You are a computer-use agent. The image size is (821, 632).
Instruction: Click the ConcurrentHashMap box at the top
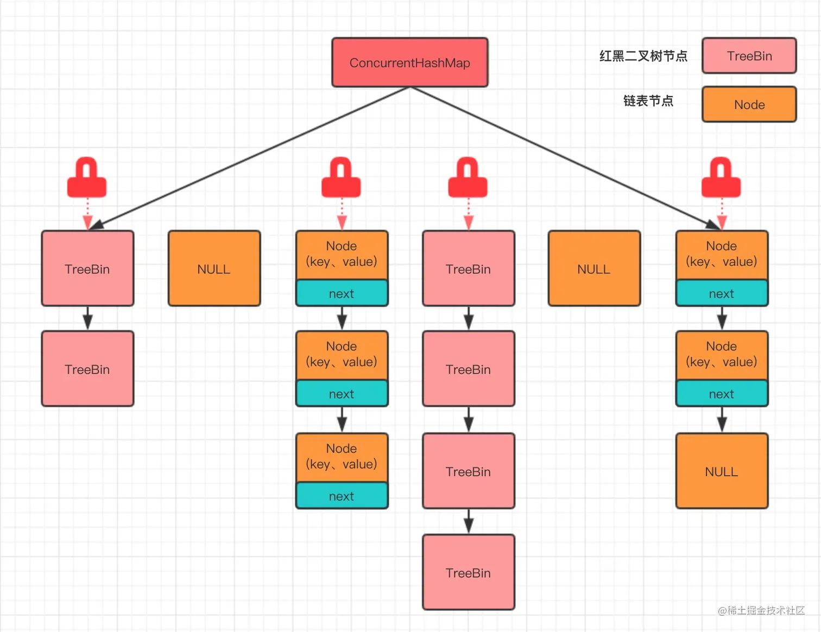click(410, 62)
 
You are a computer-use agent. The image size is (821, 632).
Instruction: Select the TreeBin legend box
click(749, 55)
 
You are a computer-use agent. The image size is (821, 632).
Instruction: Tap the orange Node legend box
click(749, 104)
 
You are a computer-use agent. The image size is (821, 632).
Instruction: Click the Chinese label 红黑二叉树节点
click(643, 56)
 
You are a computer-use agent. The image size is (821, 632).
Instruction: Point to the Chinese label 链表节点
click(648, 101)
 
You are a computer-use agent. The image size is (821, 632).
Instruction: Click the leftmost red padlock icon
click(87, 178)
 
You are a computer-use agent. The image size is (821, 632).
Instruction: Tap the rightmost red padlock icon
click(721, 178)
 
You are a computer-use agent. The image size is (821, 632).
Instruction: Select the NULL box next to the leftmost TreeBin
click(214, 269)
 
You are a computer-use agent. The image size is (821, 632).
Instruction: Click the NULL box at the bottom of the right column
click(722, 471)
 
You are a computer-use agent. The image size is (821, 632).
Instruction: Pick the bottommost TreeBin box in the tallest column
click(468, 572)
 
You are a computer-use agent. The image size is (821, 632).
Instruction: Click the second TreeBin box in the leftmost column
click(87, 369)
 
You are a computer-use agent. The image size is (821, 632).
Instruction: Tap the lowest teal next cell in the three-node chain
click(342, 496)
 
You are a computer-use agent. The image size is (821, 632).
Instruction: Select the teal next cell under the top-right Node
click(722, 293)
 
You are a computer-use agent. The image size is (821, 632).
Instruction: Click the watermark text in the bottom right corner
click(761, 610)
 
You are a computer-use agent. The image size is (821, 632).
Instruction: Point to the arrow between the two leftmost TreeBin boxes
click(87, 318)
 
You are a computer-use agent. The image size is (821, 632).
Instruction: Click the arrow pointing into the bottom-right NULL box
click(722, 419)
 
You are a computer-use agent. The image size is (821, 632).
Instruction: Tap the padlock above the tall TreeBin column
click(468, 178)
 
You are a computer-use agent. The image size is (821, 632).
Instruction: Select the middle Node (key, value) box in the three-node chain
click(342, 355)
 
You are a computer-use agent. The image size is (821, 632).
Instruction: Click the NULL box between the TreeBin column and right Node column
click(594, 269)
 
